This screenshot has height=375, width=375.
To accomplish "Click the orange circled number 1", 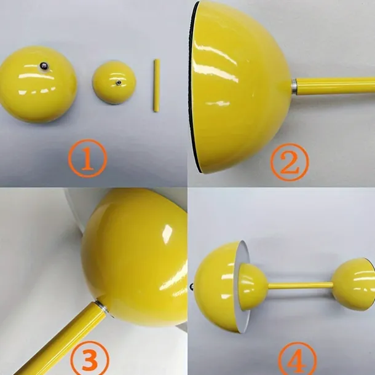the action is [x=87, y=158].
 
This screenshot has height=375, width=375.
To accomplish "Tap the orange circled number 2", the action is [x=290, y=162].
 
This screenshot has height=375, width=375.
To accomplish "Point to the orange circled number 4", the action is [x=298, y=360].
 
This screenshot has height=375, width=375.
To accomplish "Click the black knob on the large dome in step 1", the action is [x=44, y=66].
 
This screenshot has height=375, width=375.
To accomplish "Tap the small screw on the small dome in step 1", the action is [x=118, y=83].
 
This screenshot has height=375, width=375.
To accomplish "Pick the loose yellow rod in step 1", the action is [x=156, y=85].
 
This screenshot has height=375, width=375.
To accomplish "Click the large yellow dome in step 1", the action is [x=37, y=84].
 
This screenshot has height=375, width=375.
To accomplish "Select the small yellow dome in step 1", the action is [x=114, y=82].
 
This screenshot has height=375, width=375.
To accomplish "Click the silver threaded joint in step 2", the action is [x=294, y=87].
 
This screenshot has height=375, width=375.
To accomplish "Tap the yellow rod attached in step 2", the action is [x=336, y=85].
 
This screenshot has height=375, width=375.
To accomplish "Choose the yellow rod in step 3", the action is [x=59, y=339].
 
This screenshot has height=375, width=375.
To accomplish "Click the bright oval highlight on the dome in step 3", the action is [x=167, y=233].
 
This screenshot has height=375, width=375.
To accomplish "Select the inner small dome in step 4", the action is [x=253, y=286].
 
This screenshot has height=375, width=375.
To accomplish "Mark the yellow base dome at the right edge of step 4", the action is [x=353, y=284].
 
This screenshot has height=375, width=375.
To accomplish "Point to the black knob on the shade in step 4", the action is [x=192, y=286].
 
